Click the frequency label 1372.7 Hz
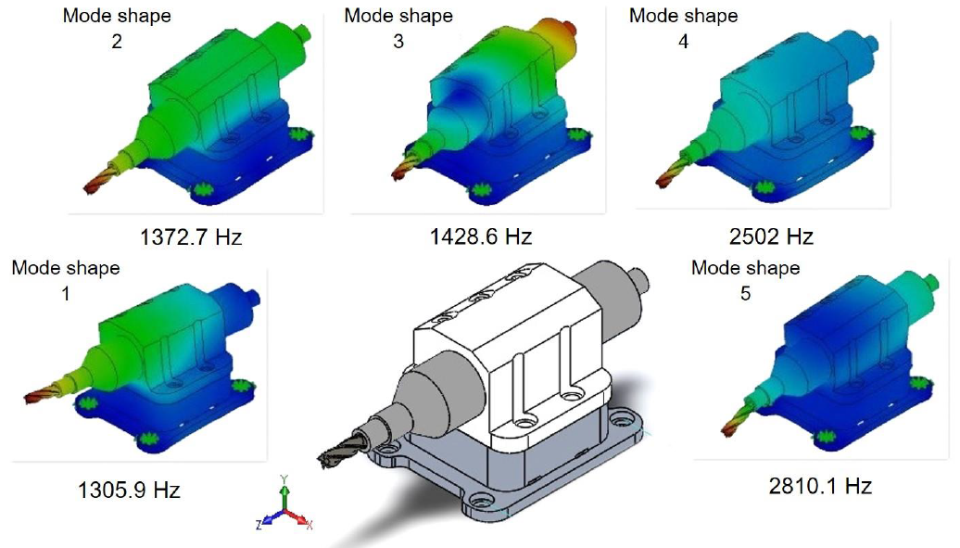pos(190,236)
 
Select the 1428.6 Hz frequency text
pos(480,236)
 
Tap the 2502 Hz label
pos(770,236)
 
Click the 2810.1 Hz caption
pos(820,485)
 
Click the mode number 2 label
pos(117,42)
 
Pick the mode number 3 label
pos(398,42)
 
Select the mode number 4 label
pos(684,42)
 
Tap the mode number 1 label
pos(66,293)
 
